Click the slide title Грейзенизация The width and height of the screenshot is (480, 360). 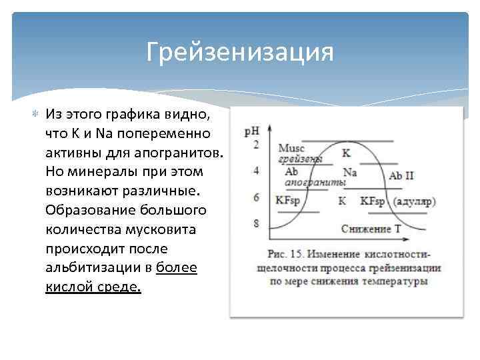click(240, 52)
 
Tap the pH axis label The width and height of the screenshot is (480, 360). click(253, 131)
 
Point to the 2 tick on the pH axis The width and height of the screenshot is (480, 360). click(256, 145)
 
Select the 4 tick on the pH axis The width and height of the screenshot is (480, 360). click(256, 171)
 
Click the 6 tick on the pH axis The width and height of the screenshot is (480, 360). click(256, 197)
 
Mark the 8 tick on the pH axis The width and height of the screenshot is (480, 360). click(256, 224)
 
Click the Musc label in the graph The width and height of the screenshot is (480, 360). click(291, 148)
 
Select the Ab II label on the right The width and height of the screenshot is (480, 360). click(401, 176)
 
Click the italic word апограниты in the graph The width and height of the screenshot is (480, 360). click(315, 182)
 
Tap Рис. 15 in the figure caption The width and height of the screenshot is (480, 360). click(285, 255)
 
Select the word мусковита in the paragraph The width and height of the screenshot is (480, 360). click(160, 229)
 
